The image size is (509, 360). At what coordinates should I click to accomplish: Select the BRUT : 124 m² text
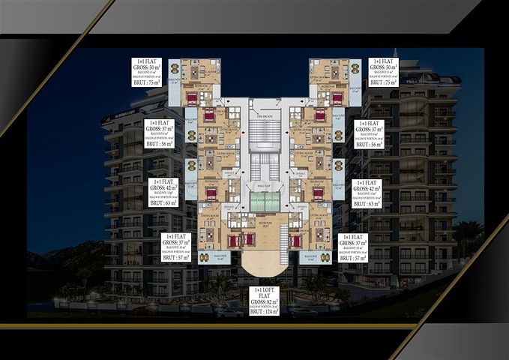[x=263, y=311]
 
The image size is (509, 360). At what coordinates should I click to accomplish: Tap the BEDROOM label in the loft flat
[x=265, y=223]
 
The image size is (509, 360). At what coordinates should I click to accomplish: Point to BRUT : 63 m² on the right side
[x=367, y=202]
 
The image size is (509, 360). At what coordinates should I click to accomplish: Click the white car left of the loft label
[x=230, y=311]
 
